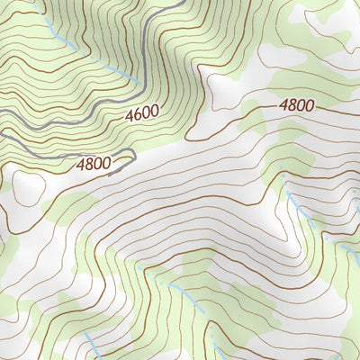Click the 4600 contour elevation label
coord(142,114)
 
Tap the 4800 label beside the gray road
coord(94,165)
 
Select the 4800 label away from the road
coord(296,105)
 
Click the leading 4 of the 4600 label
coord(130,117)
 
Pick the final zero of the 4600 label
coord(155,112)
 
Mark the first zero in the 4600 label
coord(147,113)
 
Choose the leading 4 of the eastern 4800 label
coord(283,106)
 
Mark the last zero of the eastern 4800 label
coord(310,104)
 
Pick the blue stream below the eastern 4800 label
coord(297,207)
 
